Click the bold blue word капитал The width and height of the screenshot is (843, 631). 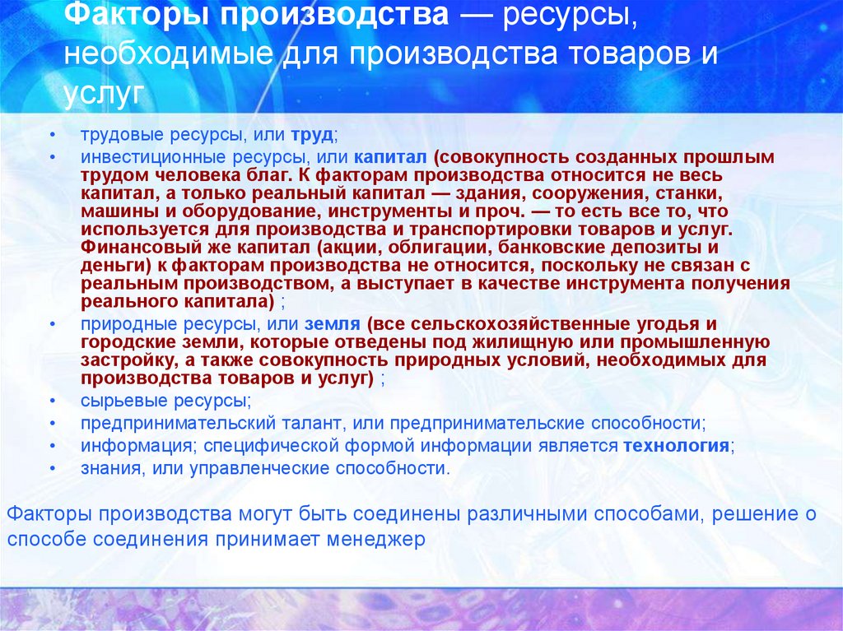[x=390, y=155]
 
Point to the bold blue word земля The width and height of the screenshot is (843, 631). [x=333, y=323]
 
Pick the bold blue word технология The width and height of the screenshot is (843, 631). [x=676, y=446]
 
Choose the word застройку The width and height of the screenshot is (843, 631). [x=123, y=360]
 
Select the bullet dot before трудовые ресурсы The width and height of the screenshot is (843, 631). [x=53, y=133]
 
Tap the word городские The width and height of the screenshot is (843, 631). [x=120, y=341]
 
